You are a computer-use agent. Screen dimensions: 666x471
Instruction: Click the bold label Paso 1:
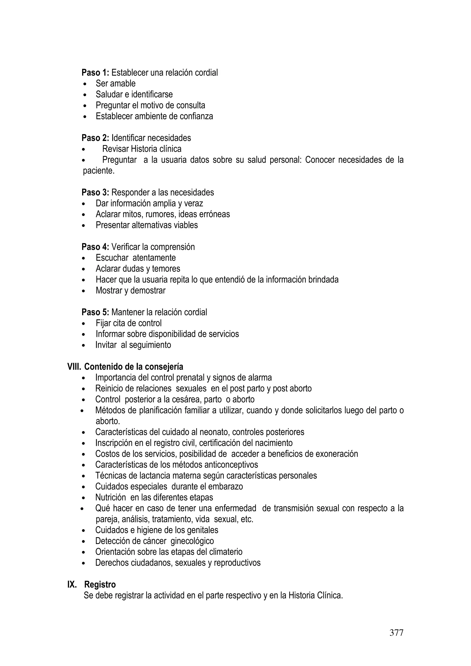[95, 72]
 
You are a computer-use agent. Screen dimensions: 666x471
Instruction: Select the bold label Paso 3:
[95, 192]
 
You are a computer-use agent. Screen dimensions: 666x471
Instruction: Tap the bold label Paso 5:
[95, 312]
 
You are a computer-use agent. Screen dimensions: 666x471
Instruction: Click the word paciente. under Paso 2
[99, 171]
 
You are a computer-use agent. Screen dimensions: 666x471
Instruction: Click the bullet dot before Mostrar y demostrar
[84, 291]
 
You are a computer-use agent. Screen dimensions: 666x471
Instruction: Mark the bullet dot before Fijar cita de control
[84, 324]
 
